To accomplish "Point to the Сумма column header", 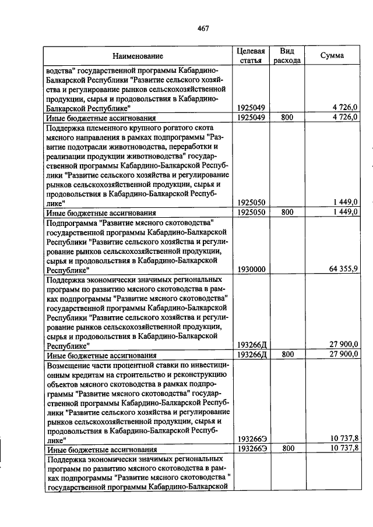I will click(332, 55).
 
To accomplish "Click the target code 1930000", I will click(252, 270).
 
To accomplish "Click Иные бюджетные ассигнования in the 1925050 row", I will click(101, 213).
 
